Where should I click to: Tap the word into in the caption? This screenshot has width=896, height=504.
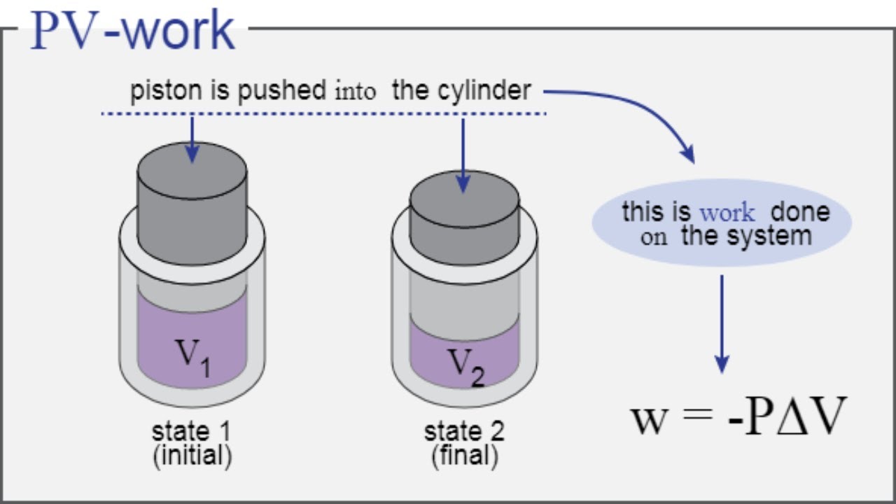pyautogui.click(x=355, y=92)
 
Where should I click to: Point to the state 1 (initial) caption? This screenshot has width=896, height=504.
pyautogui.click(x=191, y=443)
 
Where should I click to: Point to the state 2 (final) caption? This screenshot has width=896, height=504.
pyautogui.click(x=465, y=443)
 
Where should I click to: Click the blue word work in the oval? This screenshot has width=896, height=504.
pyautogui.click(x=728, y=212)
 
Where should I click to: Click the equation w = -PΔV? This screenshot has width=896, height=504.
pyautogui.click(x=739, y=417)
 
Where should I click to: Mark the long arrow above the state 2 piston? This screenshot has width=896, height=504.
pyautogui.click(x=463, y=154)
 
